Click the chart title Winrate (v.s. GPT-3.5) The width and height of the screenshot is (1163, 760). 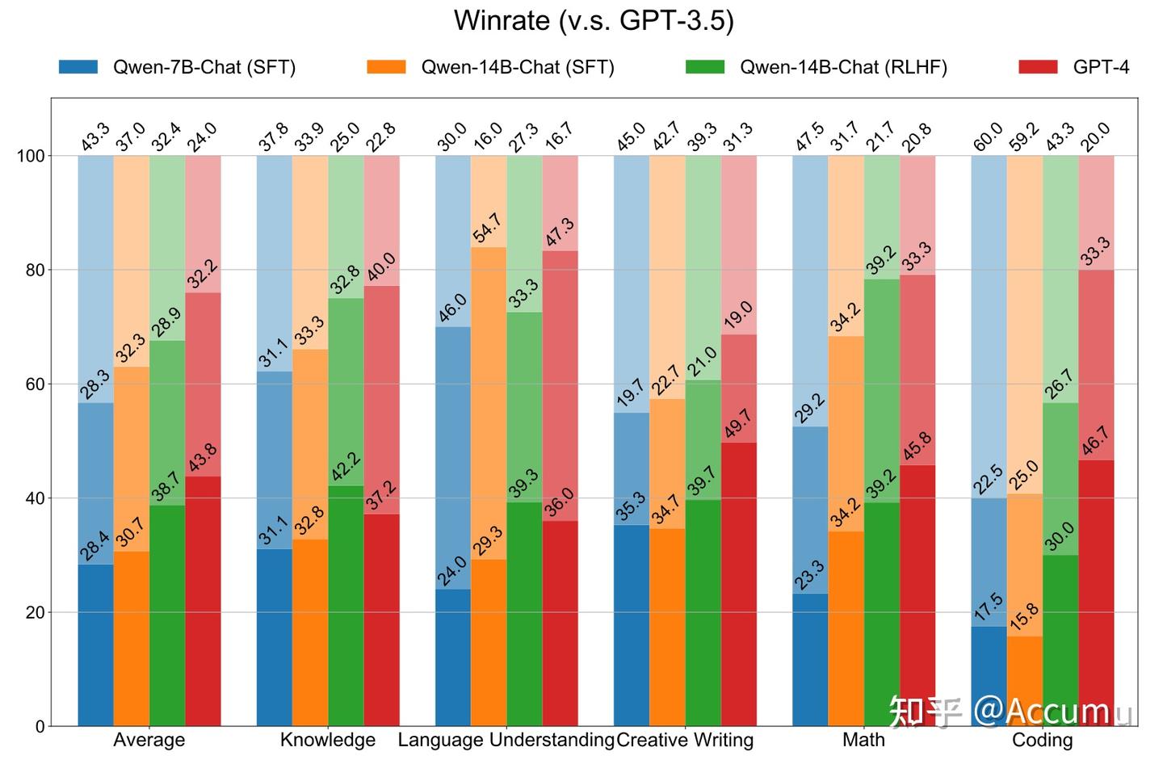click(x=594, y=21)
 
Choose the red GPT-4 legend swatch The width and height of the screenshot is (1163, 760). click(x=1038, y=67)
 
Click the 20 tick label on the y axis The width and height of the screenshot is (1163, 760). click(x=34, y=612)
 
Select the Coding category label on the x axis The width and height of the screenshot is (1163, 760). click(x=1042, y=740)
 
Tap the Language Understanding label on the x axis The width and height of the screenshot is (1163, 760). click(x=506, y=740)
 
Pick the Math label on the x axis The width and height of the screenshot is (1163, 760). click(x=863, y=740)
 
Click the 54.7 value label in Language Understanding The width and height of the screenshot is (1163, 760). click(x=487, y=229)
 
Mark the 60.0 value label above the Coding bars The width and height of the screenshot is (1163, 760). click(x=987, y=136)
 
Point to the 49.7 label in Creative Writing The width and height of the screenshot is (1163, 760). click(x=737, y=424)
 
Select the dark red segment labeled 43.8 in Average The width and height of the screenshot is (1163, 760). click(x=203, y=602)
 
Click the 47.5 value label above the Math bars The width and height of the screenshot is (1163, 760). click(x=808, y=136)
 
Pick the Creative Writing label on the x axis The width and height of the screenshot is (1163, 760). click(x=685, y=740)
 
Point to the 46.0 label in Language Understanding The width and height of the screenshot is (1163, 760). click(x=452, y=309)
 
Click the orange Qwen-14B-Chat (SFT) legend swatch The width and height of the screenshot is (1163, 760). click(x=386, y=67)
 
